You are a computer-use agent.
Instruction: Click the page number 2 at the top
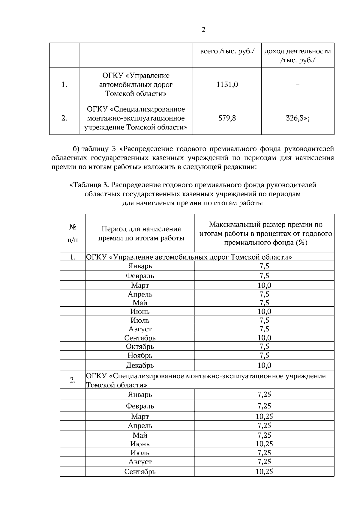click(204, 30)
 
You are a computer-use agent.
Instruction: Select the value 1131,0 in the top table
click(227, 85)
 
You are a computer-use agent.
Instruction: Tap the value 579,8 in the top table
click(227, 118)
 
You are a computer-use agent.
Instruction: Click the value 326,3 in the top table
click(297, 118)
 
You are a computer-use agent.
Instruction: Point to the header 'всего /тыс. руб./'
click(227, 51)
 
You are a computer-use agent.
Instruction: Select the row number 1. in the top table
click(64, 85)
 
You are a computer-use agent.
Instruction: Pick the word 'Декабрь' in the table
click(140, 365)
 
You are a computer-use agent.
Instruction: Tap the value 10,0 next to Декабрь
click(264, 365)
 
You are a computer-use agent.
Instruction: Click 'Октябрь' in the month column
click(140, 347)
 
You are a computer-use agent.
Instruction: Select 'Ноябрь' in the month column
click(140, 356)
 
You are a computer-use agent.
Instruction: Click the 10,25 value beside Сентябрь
click(264, 472)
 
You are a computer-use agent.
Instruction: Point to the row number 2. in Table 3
click(73, 380)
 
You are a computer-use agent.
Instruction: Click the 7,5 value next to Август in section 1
click(264, 329)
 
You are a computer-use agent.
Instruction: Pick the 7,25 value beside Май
click(264, 435)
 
